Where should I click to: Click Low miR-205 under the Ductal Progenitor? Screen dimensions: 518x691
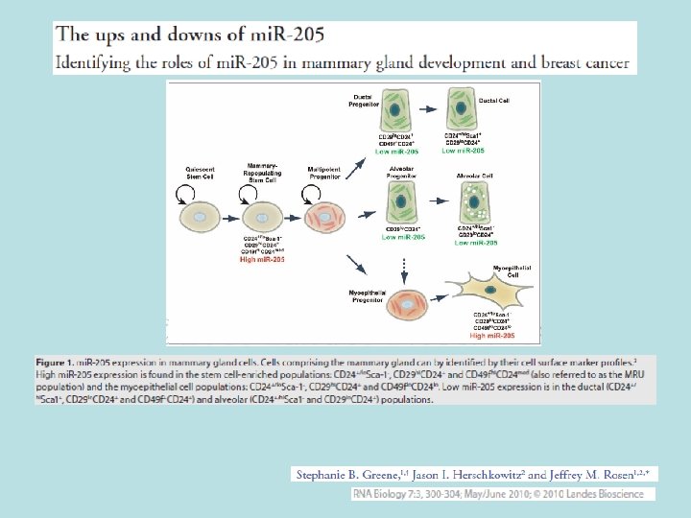pyautogui.click(x=396, y=152)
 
